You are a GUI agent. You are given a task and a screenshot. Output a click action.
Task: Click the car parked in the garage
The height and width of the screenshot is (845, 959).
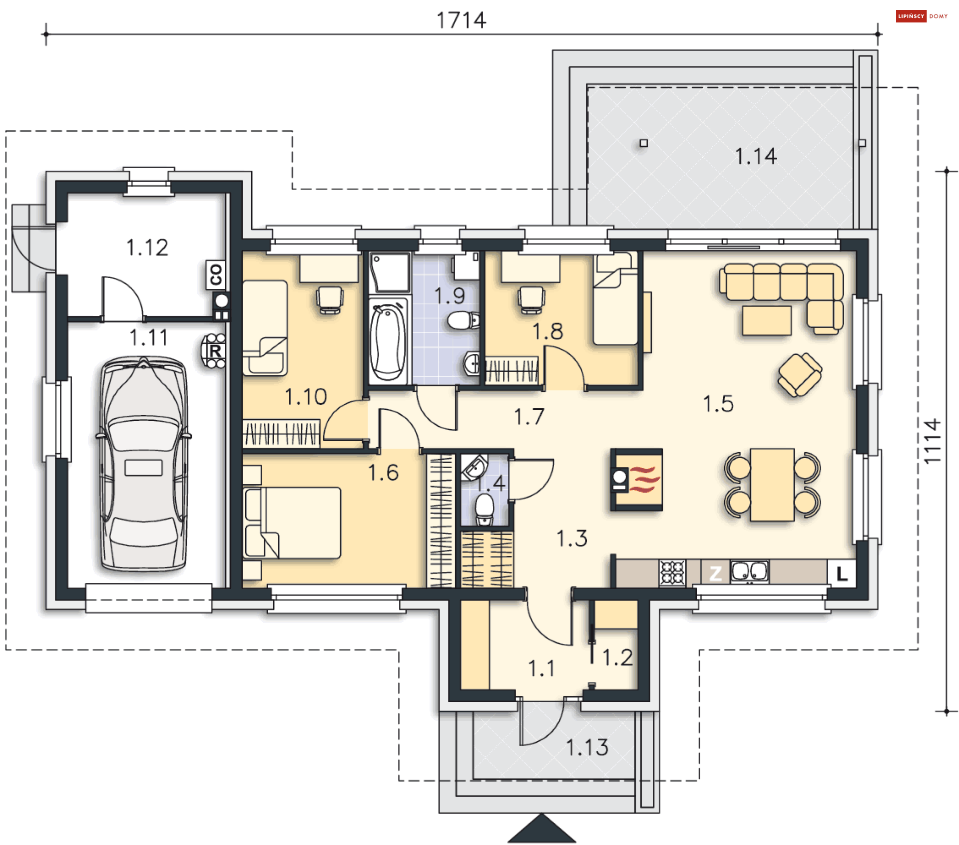[x=144, y=463]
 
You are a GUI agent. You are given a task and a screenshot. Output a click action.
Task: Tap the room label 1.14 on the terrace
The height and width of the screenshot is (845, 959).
[x=756, y=156]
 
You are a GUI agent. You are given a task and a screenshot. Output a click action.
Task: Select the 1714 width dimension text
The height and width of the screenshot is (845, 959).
[x=461, y=20]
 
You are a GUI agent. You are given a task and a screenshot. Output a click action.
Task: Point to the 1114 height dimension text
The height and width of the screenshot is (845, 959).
[x=932, y=441]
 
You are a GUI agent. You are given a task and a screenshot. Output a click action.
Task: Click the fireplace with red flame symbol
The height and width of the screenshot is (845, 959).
[x=636, y=480]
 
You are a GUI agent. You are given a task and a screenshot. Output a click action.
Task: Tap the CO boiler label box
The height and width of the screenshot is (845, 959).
[x=216, y=275]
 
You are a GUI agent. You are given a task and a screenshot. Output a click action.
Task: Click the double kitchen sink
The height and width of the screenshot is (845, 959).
[x=749, y=572]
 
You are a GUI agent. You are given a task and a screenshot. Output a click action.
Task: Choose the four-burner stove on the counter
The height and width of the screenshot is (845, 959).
[x=672, y=572]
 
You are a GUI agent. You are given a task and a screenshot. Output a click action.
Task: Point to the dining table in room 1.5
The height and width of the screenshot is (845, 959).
[x=772, y=485]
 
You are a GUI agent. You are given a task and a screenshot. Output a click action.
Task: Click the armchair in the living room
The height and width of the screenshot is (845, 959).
[x=800, y=374]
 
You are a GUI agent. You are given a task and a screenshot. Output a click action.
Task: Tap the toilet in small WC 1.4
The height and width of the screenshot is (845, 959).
[x=484, y=510]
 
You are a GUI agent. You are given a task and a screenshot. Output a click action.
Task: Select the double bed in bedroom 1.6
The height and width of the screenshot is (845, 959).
[x=292, y=522]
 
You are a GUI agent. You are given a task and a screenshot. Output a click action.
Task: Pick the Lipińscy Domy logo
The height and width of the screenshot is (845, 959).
[x=922, y=16]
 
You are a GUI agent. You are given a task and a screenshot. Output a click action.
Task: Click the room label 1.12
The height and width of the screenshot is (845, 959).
[x=147, y=248]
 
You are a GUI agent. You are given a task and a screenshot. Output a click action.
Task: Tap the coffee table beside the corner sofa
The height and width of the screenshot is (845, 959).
[x=767, y=320]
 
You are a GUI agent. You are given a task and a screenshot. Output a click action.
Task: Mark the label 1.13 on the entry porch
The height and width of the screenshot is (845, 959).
[x=587, y=747]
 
